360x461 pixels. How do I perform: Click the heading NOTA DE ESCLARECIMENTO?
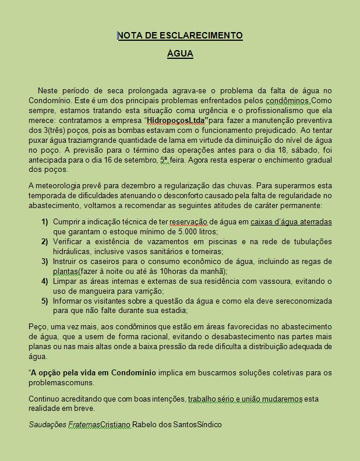click(x=180, y=36)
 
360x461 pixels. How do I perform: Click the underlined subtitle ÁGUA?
click(x=180, y=54)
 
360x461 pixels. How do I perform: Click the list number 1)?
click(x=44, y=222)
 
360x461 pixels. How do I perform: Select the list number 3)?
click(x=44, y=262)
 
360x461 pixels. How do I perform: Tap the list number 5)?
click(x=44, y=301)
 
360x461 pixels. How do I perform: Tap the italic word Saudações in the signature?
click(x=47, y=424)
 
